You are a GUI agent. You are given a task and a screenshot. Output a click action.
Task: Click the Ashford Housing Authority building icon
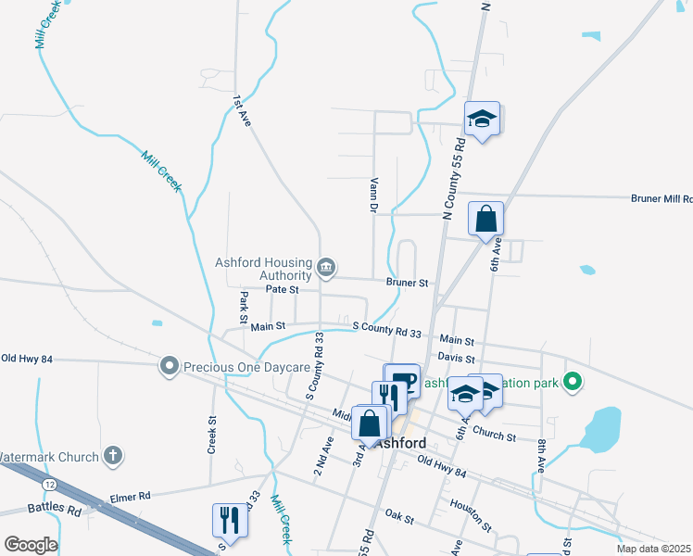pyautogui.click(x=325, y=269)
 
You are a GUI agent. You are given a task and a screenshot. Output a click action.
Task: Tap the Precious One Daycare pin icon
pyautogui.click(x=168, y=367)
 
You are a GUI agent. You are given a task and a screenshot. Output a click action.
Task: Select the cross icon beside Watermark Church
pyautogui.click(x=112, y=456)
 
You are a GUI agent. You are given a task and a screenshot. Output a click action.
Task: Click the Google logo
pyautogui.click(x=30, y=545)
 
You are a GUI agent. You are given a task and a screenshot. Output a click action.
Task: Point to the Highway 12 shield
pyautogui.click(x=47, y=484)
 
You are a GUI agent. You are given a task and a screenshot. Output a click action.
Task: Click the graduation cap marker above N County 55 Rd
pyautogui.click(x=482, y=120)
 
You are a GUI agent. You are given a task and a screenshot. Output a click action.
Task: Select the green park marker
pyautogui.click(x=573, y=381)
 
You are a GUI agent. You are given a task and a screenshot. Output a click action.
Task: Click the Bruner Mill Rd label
pyautogui.click(x=661, y=198)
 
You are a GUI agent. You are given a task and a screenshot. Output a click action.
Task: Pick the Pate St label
pyautogui.click(x=282, y=289)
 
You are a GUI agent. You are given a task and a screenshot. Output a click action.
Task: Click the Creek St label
pyautogui.click(x=211, y=434)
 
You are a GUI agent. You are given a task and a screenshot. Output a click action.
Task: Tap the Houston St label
pyautogui.click(x=469, y=506)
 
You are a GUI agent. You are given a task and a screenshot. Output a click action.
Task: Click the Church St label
pyautogui.click(x=494, y=433)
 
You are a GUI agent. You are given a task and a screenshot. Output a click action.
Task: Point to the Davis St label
pyautogui.click(x=456, y=358)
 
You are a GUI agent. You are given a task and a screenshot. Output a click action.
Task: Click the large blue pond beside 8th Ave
pyautogui.click(x=601, y=427)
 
